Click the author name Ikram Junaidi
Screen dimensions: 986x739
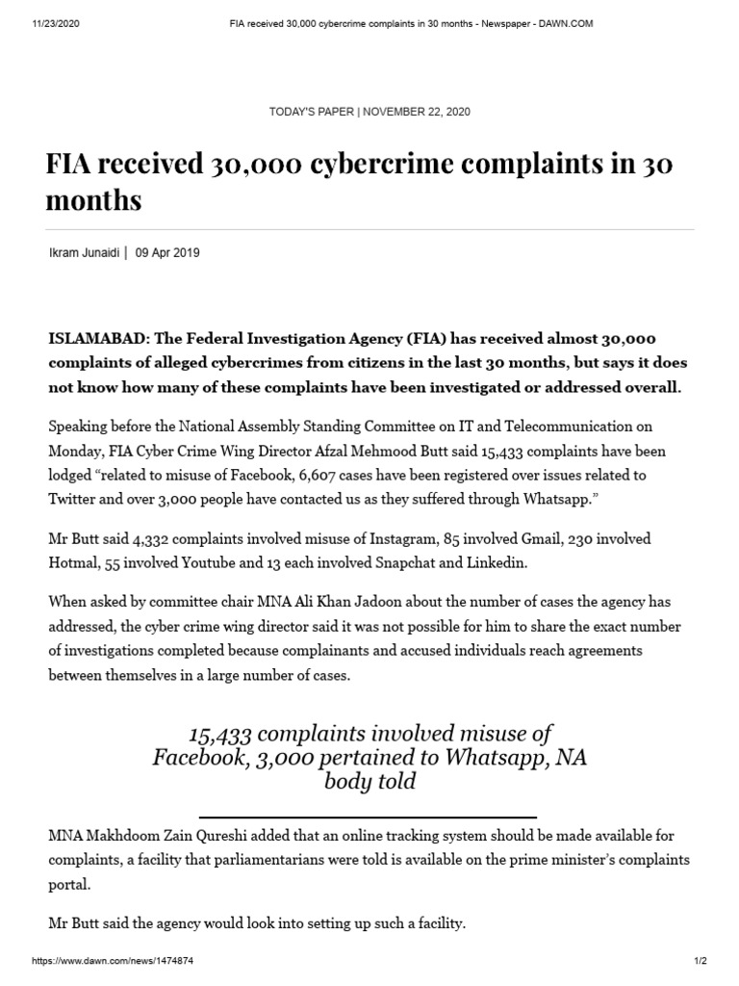coord(83,253)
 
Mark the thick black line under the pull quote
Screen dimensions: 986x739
coord(369,817)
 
